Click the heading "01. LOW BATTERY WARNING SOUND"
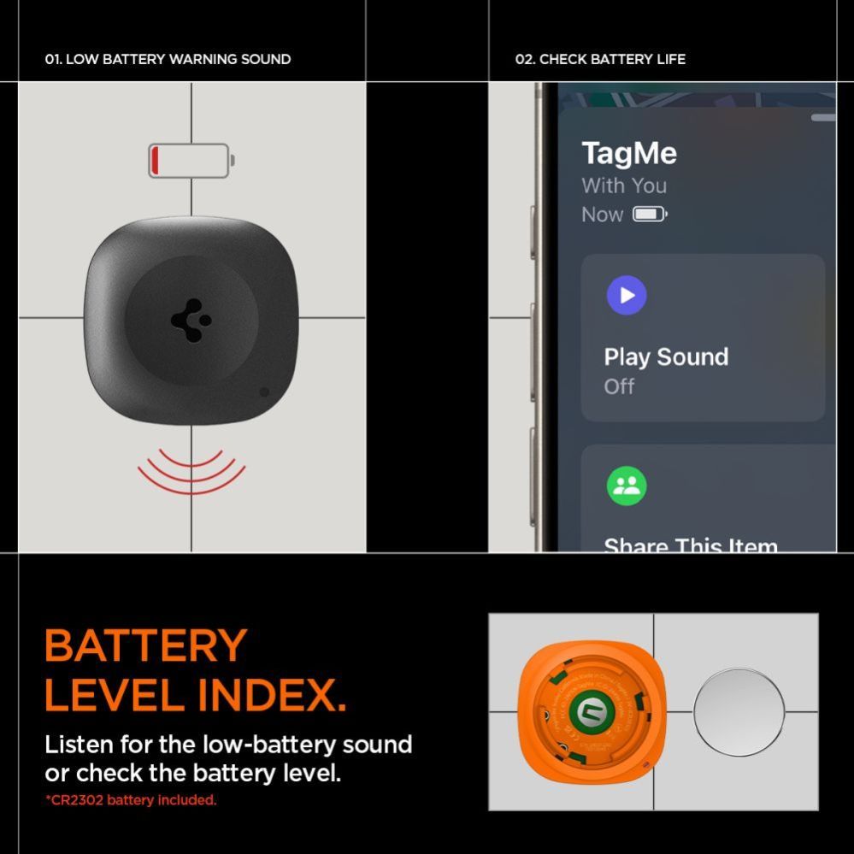(x=168, y=59)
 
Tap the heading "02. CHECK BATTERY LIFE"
(x=600, y=59)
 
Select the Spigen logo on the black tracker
(x=191, y=321)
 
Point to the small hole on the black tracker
(x=263, y=392)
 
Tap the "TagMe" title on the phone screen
(x=629, y=154)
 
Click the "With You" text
(x=624, y=186)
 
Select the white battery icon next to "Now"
(x=649, y=214)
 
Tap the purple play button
(x=627, y=295)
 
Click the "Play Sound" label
(x=666, y=356)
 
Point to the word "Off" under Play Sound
(x=619, y=386)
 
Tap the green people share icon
(x=627, y=486)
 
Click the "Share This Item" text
(x=691, y=545)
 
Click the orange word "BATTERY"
(x=145, y=646)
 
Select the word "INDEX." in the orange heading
(x=272, y=696)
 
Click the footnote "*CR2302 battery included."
(x=131, y=800)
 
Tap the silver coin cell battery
(x=739, y=712)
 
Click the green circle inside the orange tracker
(x=587, y=711)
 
